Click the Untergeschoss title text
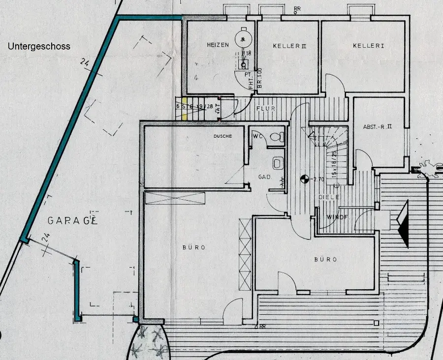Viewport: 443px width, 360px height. coord(39,47)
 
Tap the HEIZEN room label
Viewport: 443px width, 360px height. coord(218,45)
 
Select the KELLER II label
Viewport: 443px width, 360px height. coord(289,46)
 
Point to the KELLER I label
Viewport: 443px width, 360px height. coord(368,46)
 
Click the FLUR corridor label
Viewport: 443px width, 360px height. coord(266,109)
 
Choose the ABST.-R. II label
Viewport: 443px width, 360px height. coord(378,126)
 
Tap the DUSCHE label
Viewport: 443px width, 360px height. coord(222,136)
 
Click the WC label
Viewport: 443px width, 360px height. coord(257,136)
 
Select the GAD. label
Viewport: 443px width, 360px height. coord(265,177)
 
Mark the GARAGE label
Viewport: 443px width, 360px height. coord(72,220)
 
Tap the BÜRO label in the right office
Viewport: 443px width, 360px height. coord(326,259)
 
